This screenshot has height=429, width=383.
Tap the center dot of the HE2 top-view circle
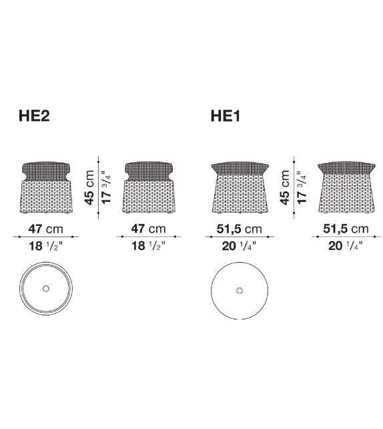coord(45,288)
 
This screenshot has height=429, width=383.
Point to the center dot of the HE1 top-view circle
coord(239,291)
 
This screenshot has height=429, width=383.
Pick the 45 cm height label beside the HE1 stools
coord(285,187)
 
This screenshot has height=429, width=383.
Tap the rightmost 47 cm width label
coord(149,229)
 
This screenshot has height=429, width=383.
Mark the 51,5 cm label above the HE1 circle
coord(239,229)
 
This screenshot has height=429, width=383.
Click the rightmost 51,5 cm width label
coord(345,229)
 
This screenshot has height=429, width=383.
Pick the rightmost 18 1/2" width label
coord(149,247)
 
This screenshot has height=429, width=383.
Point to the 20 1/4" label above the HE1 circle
coord(239,247)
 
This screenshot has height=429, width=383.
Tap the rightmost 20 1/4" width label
coord(345,247)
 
